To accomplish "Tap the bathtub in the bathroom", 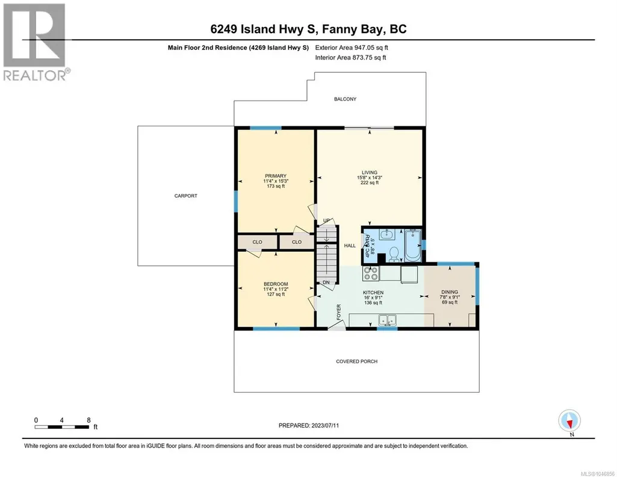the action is click(x=413, y=245).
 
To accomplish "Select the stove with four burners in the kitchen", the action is click(x=371, y=273).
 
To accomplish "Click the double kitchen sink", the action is click(x=387, y=320).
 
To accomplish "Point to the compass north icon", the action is click(x=569, y=421).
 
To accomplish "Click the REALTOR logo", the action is click(x=36, y=42).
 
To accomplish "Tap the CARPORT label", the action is click(x=186, y=196).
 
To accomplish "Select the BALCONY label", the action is click(x=345, y=99).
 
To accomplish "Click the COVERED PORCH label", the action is click(x=356, y=361).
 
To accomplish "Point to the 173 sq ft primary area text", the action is click(x=276, y=186).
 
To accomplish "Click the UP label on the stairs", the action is click(x=326, y=220).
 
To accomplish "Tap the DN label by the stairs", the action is click(x=326, y=282).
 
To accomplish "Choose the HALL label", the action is click(x=350, y=246).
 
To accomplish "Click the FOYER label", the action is click(x=339, y=312).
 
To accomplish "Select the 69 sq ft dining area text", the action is click(x=450, y=302).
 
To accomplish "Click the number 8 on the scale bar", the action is click(x=89, y=420).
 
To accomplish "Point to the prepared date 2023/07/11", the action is click(x=325, y=425).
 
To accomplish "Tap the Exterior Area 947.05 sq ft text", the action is click(x=352, y=48).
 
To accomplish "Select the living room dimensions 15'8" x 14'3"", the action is click(x=370, y=178).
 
